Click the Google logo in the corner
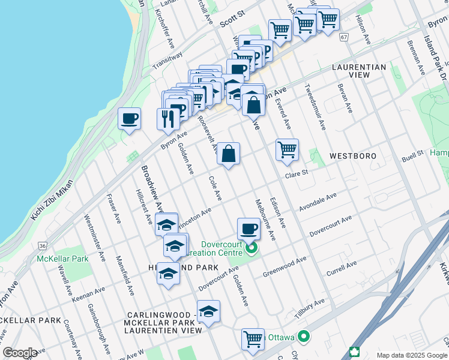pyautogui.click(x=20, y=353)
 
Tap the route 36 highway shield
pyautogui.click(x=41, y=245)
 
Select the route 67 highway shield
pyautogui.click(x=343, y=37)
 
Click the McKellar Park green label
pyautogui.click(x=62, y=259)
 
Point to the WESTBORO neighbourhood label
pyautogui.click(x=353, y=156)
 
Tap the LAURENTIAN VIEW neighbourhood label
pyautogui.click(x=358, y=71)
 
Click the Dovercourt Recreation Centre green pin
pyautogui.click(x=252, y=247)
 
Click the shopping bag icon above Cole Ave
pyautogui.click(x=228, y=154)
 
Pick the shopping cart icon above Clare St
pyautogui.click(x=288, y=149)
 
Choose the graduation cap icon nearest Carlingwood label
pyautogui.click(x=208, y=311)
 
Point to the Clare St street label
pyautogui.click(x=296, y=173)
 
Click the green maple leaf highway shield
pyautogui.click(x=355, y=353)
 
